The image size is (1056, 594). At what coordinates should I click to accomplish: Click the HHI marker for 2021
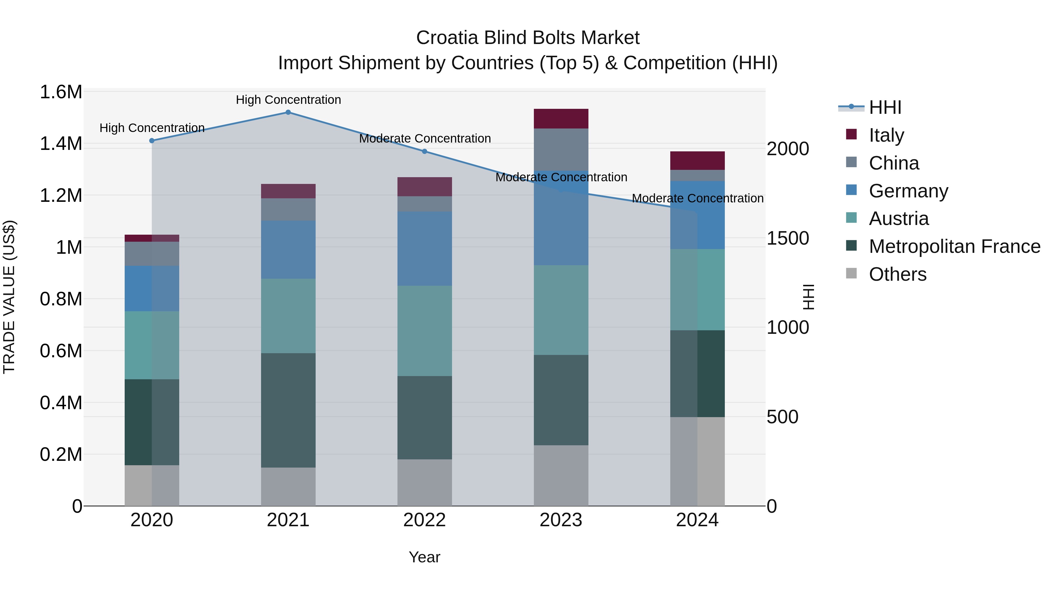point(288,112)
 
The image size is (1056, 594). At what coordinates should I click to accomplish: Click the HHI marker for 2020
point(152,141)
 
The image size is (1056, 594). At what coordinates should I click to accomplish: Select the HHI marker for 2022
point(424,151)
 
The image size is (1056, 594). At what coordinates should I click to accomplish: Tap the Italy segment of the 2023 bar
point(561,119)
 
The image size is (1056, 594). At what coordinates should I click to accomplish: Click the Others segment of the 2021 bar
point(288,487)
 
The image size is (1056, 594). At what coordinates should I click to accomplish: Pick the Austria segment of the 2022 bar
point(424,331)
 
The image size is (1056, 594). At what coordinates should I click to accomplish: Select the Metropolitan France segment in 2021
point(288,410)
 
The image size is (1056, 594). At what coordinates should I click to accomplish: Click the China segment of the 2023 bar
point(561,149)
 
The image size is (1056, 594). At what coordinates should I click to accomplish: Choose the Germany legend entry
point(908,191)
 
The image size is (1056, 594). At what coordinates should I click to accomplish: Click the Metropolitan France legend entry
point(954,246)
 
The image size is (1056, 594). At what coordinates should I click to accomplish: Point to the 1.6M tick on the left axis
point(61,92)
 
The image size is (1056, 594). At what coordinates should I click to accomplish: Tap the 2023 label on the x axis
point(561,520)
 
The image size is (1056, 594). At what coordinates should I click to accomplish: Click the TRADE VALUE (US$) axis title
point(9,297)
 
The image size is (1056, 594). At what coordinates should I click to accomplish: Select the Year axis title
point(424,557)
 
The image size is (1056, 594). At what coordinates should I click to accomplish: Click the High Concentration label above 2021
point(288,100)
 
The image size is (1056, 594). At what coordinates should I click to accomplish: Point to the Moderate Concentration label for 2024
point(697,198)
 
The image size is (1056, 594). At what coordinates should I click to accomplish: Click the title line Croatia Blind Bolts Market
point(528,38)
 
